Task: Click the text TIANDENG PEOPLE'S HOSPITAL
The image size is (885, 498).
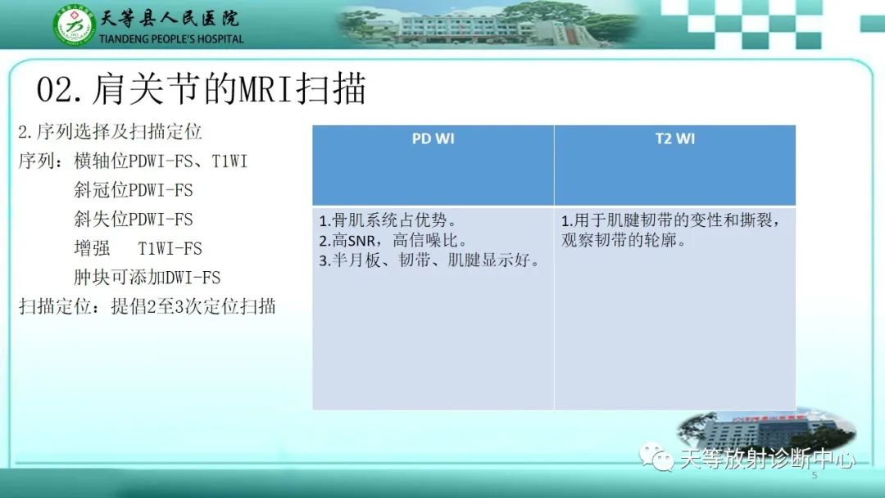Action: pos(170,38)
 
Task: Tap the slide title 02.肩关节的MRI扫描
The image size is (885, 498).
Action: pos(202,89)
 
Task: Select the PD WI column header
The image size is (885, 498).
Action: pos(433,138)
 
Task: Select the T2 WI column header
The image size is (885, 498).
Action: pos(674,138)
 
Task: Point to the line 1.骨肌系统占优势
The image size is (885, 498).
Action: pos(387,221)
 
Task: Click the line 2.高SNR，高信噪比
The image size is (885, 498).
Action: pos(393,241)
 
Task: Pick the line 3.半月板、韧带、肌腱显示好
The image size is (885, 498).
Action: pos(429,261)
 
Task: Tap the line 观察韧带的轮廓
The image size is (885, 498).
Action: pos(623,242)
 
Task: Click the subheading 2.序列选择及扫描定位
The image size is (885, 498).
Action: pos(110,132)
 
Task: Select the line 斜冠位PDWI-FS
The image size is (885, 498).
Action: pos(134,190)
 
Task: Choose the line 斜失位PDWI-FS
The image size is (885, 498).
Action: pos(134,220)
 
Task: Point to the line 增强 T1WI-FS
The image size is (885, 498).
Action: pos(138,248)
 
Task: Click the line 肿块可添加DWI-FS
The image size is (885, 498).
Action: pos(147,278)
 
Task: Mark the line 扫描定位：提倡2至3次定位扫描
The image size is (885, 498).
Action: pos(147,307)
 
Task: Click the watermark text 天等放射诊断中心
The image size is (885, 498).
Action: pos(767,459)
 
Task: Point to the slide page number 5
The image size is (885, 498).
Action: pos(814,476)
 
